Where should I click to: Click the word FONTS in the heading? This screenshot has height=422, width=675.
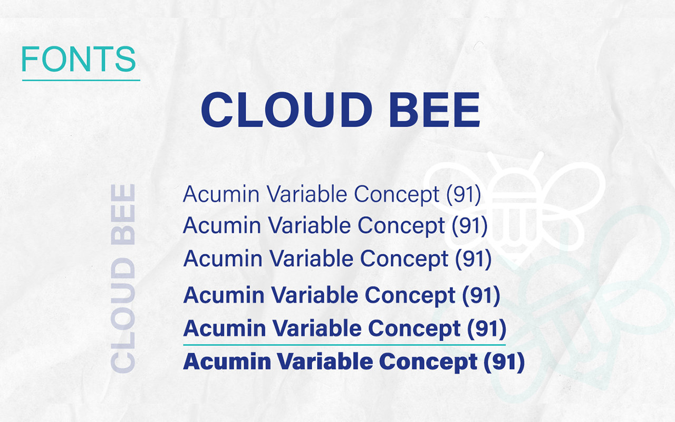pos(79,59)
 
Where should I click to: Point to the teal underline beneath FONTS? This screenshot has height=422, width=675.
pos(81,81)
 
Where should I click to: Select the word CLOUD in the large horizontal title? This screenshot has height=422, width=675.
pos(286,110)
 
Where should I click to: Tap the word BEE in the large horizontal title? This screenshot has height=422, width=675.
pos(435,110)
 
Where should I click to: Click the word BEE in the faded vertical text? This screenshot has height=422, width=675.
pos(123,214)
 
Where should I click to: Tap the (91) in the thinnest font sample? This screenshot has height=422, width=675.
pos(464,195)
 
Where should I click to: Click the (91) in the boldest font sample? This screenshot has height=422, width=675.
pos(504,362)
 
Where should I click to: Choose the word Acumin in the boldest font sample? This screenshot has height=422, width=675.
pos(227,361)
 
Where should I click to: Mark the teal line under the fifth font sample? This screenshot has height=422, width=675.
pos(344,344)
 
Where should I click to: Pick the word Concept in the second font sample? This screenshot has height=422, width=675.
pos(401,226)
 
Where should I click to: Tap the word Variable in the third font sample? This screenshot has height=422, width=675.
pos(312,258)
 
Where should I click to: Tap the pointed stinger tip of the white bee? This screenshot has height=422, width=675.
pos(515,268)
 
